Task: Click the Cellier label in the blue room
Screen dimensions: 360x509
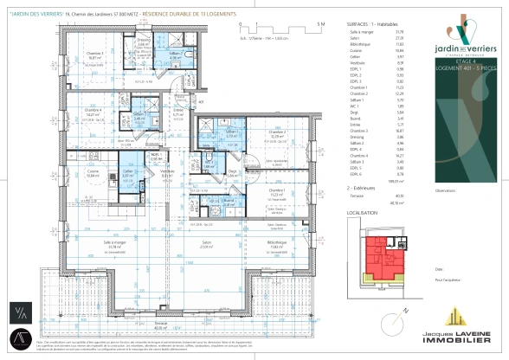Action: click(126, 171)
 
